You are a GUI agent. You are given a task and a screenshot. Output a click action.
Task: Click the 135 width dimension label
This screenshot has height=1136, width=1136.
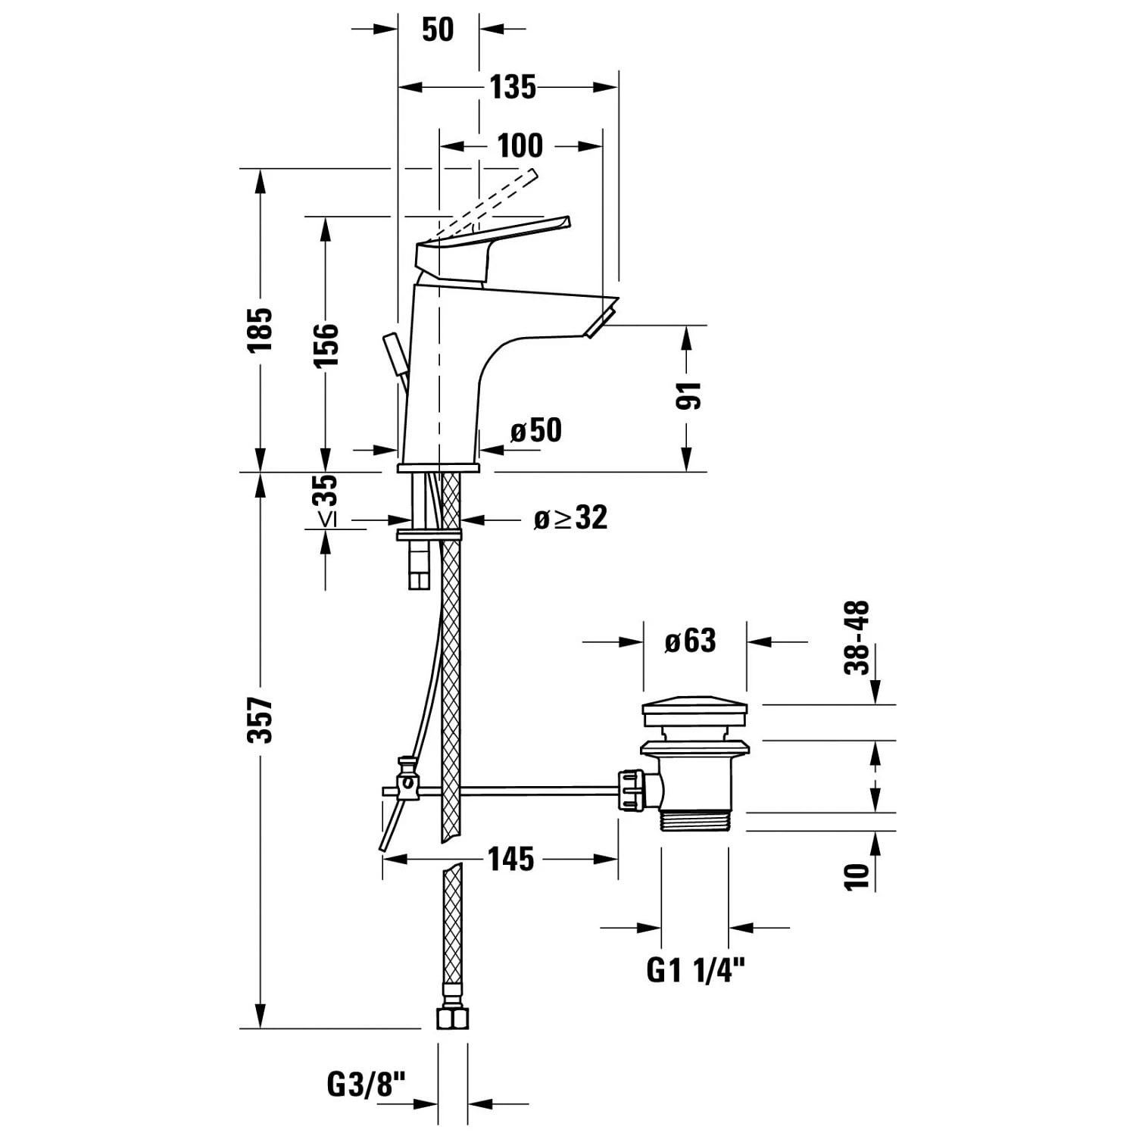[513, 87]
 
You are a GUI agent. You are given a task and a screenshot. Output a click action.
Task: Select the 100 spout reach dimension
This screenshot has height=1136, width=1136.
[520, 145]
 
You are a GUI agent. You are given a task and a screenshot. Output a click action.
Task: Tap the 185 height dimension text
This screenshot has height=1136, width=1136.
[260, 329]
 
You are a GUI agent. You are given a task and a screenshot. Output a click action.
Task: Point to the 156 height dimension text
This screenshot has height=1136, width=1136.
[326, 345]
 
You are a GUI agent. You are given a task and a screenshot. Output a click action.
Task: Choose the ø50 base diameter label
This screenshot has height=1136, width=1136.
[536, 430]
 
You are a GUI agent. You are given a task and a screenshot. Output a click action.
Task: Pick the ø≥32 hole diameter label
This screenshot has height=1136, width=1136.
[570, 518]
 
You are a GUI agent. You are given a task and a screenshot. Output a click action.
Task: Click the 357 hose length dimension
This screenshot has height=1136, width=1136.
[260, 719]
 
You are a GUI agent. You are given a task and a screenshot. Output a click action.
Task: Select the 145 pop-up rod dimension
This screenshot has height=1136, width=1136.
[510, 860]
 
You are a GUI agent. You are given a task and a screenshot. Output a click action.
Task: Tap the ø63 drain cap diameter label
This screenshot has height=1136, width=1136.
[690, 641]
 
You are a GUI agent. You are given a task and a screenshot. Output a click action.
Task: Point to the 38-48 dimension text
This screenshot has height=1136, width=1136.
[857, 638]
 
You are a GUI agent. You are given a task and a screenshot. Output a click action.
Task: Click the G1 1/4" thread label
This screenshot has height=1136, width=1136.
[695, 970]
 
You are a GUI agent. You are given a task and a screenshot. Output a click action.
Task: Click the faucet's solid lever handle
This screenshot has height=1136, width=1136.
[492, 246]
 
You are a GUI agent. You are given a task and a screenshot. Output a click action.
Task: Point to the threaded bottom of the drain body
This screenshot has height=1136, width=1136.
[694, 821]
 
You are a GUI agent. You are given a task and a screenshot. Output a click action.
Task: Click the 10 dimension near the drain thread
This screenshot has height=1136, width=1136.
[857, 875]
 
